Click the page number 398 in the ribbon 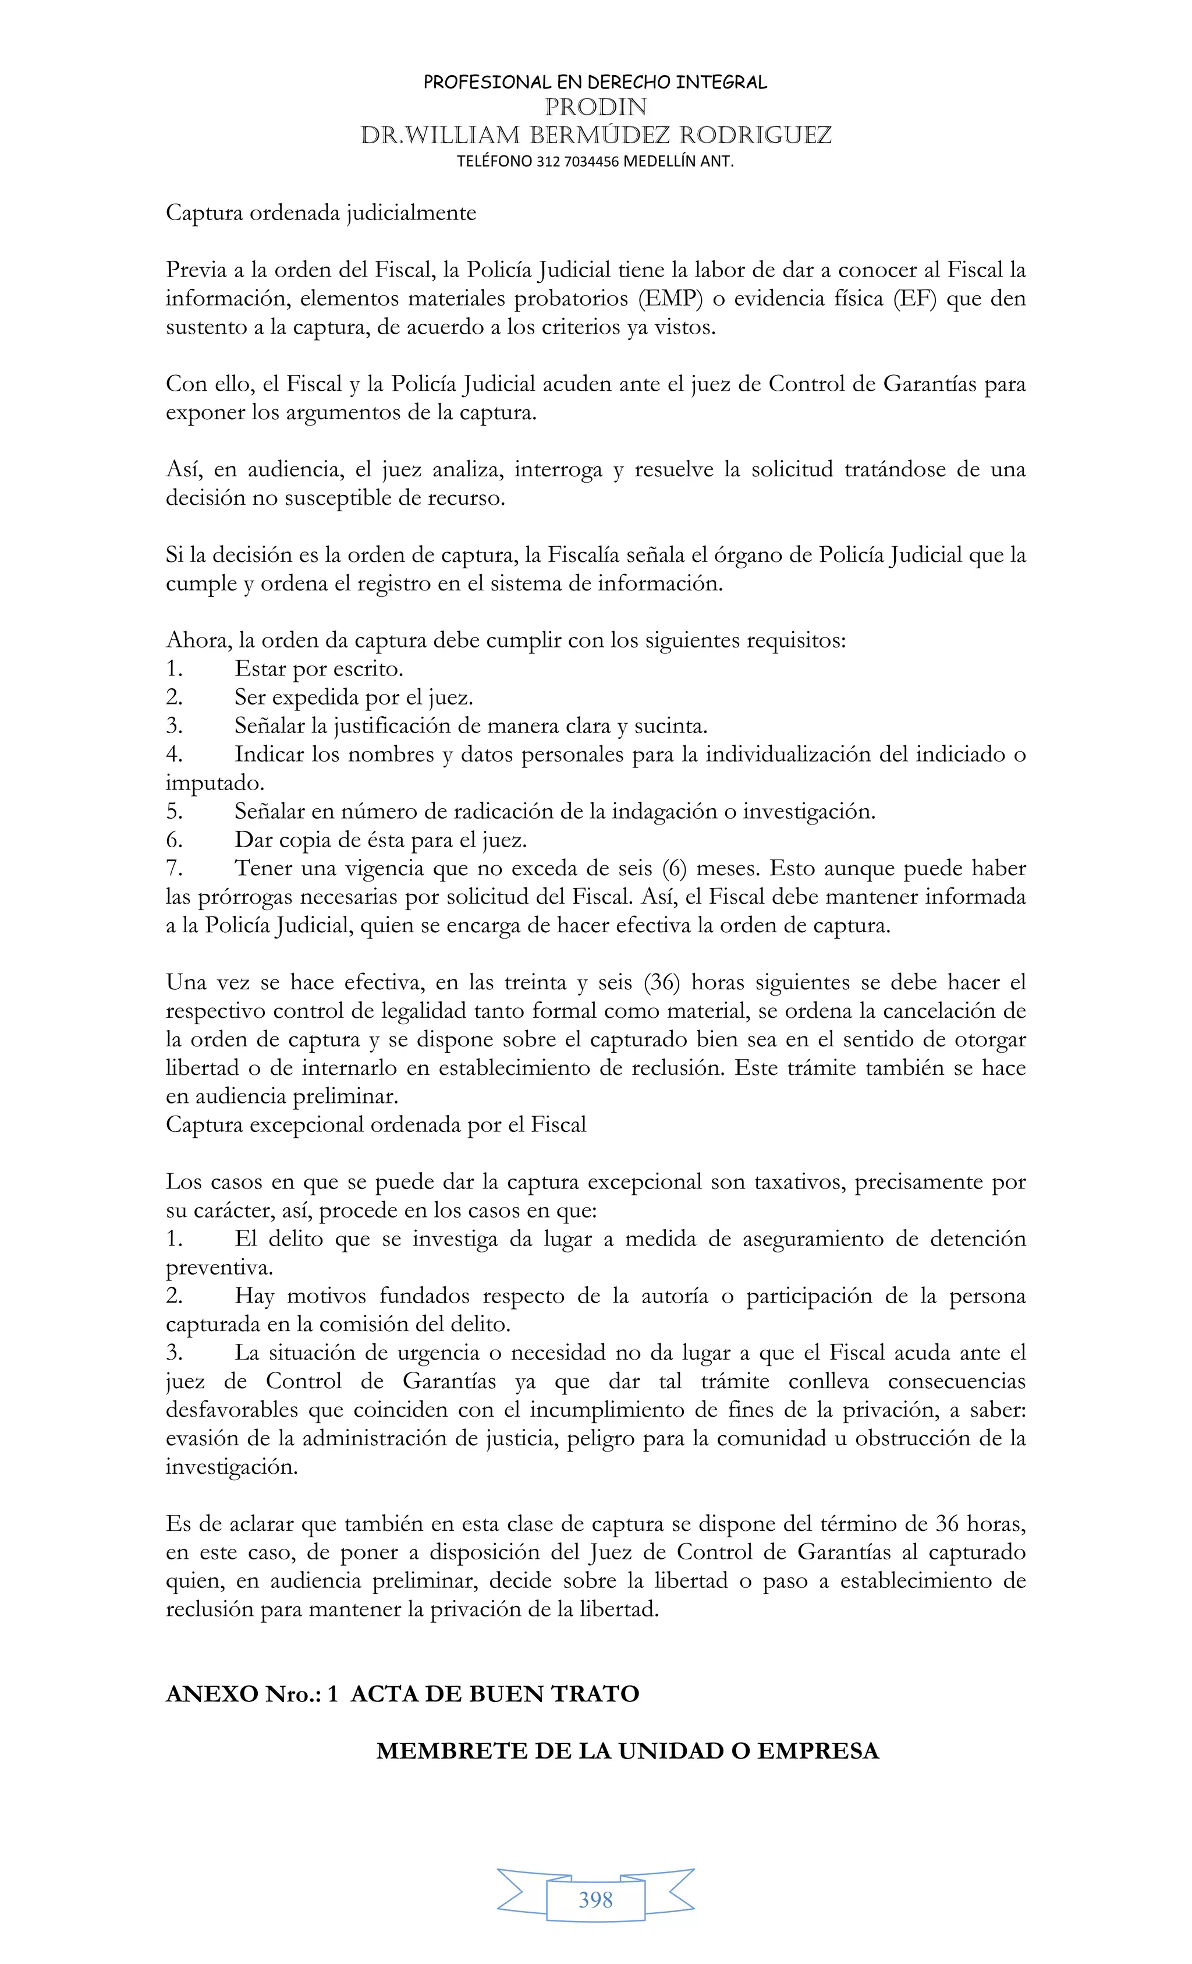[595, 1899]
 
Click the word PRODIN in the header [595, 107]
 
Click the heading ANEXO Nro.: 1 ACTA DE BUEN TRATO [402, 1694]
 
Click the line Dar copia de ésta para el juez [380, 839]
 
